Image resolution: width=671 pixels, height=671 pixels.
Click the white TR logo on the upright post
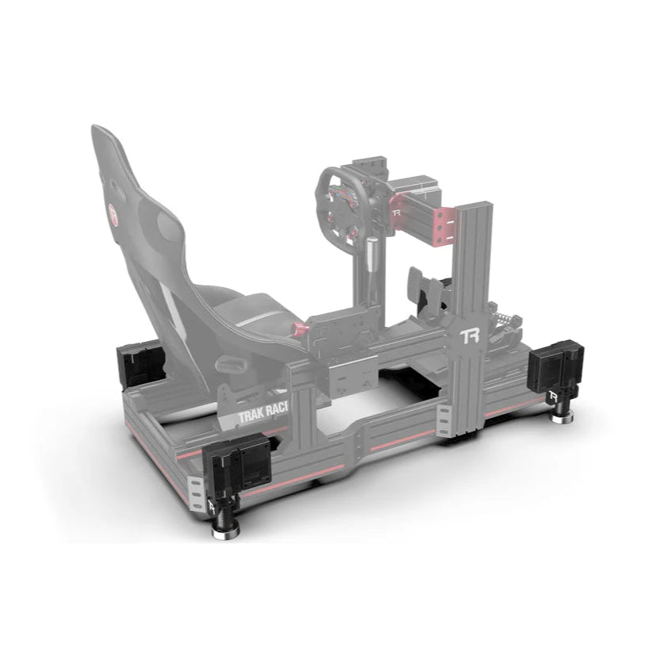coord(470,337)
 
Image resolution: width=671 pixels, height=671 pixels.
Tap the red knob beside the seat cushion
coord(300,328)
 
